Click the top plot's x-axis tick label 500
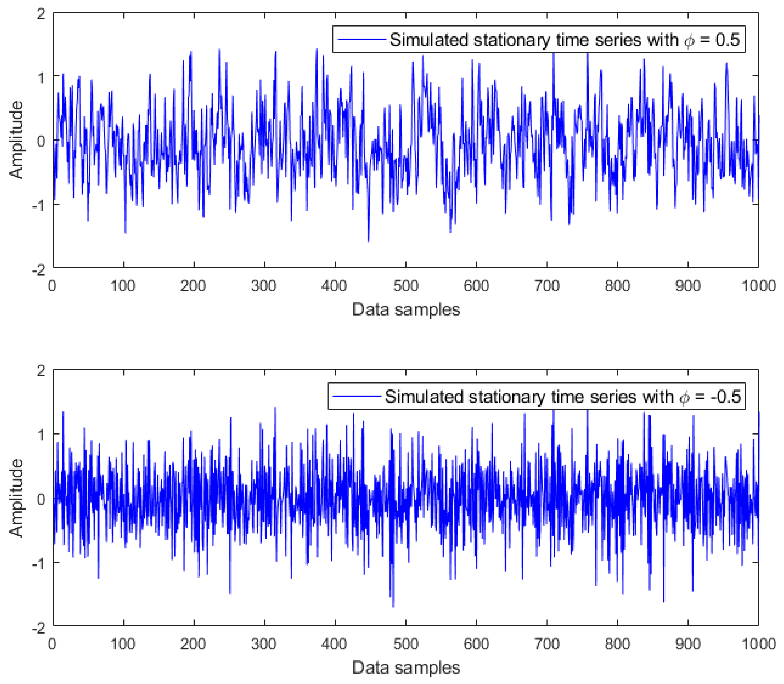click(x=406, y=286)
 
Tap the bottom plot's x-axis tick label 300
click(x=264, y=644)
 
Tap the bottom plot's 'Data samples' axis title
click(x=406, y=667)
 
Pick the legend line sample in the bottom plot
click(x=356, y=396)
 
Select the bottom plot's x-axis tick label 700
click(x=547, y=644)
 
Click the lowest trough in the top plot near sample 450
click(x=368, y=241)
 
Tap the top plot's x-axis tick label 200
click(x=193, y=286)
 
